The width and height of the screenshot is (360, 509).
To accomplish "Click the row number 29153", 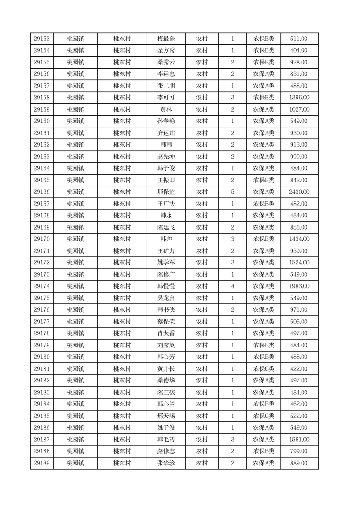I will [42, 39].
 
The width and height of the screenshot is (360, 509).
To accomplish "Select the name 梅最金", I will [166, 39].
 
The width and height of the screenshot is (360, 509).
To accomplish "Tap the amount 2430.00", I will [299, 192].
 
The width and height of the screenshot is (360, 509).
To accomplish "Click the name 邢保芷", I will [166, 192].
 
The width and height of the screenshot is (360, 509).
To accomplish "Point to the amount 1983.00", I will [299, 286].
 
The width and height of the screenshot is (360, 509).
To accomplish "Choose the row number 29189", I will [42, 463].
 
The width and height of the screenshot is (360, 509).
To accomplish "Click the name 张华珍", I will [166, 463].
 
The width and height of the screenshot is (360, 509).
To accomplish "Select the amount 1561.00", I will [299, 440].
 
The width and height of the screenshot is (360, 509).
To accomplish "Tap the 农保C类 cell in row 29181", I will [263, 369].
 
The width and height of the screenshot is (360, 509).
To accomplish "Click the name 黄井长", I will [166, 369].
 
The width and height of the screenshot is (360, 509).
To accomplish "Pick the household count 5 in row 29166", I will [232, 192].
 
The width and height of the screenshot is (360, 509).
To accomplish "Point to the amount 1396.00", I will [299, 98].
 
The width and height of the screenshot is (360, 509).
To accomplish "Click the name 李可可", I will [166, 98].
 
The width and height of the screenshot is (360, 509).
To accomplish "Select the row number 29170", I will [42, 239].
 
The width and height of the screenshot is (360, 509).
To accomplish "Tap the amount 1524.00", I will [299, 263].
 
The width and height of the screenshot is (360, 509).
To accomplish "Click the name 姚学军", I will [166, 263].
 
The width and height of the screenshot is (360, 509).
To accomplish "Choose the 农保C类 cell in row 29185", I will [263, 416].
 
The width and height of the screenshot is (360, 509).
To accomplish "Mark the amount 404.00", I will [299, 50].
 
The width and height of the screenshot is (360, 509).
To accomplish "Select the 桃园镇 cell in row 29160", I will [75, 121].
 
